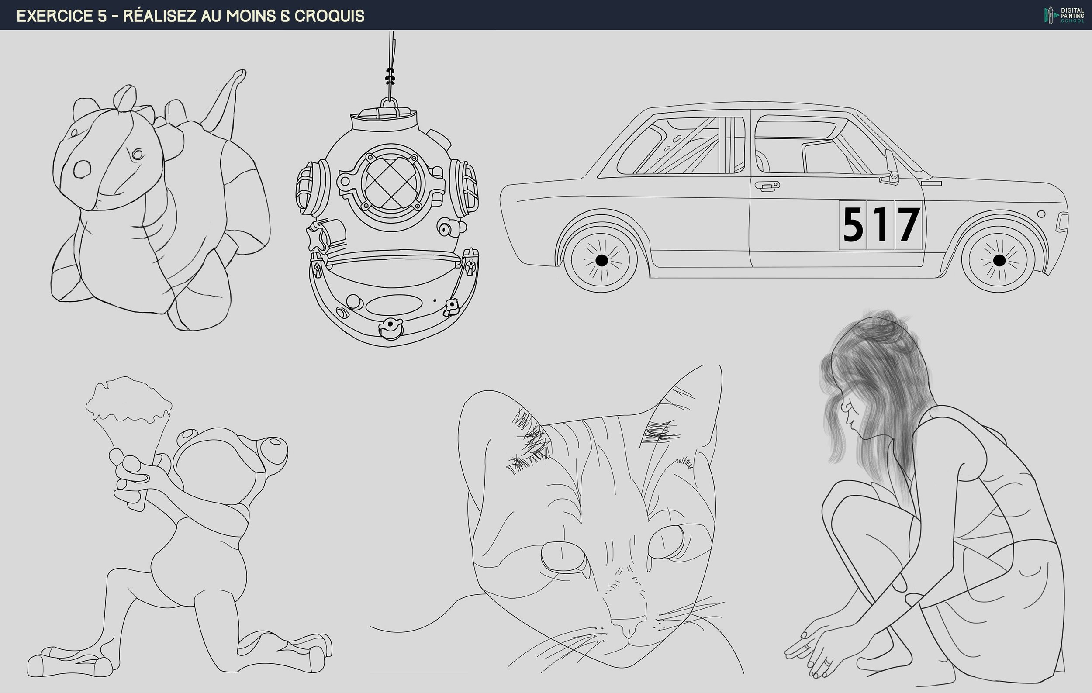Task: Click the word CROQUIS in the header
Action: [x=329, y=16]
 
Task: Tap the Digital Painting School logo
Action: [x=1064, y=15]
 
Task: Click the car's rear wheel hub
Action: [x=601, y=260]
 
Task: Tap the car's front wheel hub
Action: [x=999, y=260]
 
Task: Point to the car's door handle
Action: [x=767, y=186]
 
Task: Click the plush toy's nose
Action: [x=82, y=169]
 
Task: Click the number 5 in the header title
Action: [x=102, y=16]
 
